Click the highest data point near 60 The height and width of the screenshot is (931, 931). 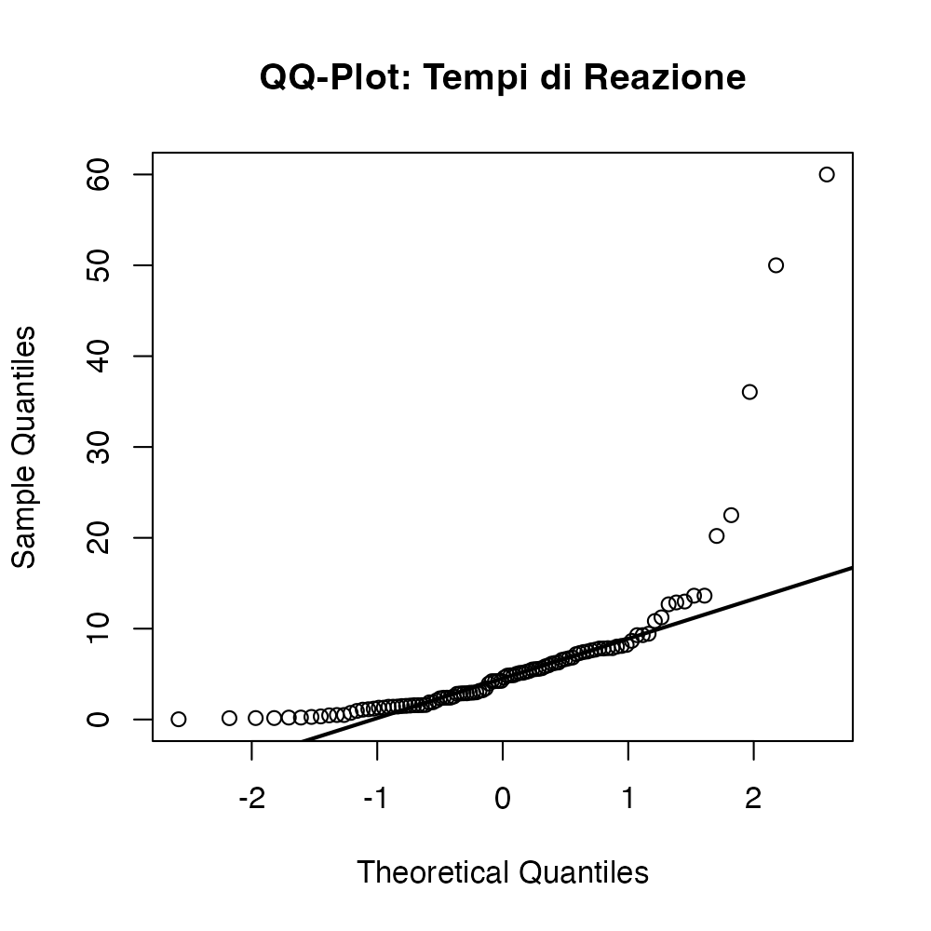click(x=826, y=174)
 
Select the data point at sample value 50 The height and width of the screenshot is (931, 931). click(x=776, y=265)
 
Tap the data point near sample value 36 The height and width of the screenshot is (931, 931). click(x=749, y=392)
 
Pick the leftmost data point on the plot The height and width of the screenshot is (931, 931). click(x=179, y=719)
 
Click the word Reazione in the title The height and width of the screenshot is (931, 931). click(x=664, y=78)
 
